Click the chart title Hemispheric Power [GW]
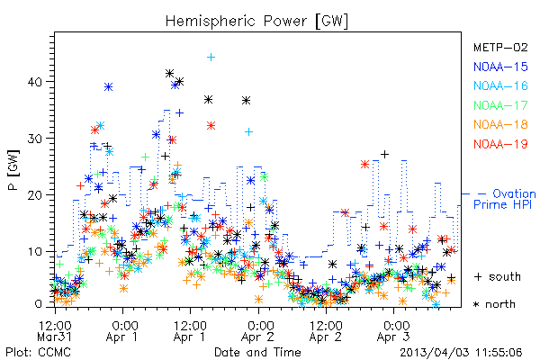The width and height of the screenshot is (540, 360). [x=256, y=21]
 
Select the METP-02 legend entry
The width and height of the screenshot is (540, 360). [x=500, y=47]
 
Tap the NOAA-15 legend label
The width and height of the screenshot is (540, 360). [x=500, y=67]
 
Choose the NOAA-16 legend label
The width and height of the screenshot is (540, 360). [x=500, y=85]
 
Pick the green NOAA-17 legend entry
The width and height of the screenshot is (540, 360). [x=500, y=105]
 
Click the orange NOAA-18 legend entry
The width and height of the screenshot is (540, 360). [x=500, y=124]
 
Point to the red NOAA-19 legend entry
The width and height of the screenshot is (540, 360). [x=500, y=144]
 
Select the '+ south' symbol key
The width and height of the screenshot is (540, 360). [x=498, y=276]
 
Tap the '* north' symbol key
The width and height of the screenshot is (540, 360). [x=494, y=304]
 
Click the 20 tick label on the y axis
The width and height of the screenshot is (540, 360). [x=34, y=195]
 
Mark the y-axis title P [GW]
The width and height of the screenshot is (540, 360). [x=14, y=170]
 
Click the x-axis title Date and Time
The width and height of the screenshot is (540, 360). [x=257, y=352]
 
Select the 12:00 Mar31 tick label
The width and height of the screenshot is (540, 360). [x=55, y=331]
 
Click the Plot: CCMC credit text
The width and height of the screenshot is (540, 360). [x=38, y=352]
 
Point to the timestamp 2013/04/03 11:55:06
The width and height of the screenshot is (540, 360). [x=461, y=353]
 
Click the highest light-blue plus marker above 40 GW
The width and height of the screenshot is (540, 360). [x=211, y=58]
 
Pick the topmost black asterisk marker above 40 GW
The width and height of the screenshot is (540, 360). [x=169, y=74]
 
